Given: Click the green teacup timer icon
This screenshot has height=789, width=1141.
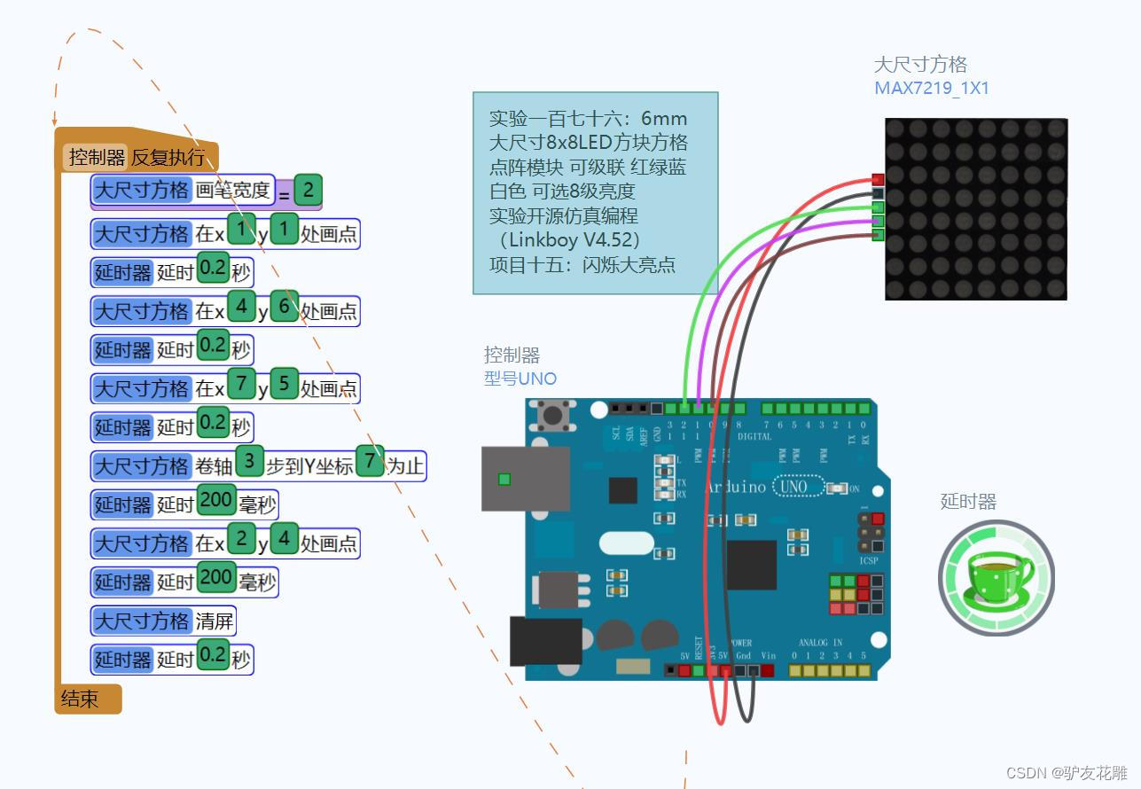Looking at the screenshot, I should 996,578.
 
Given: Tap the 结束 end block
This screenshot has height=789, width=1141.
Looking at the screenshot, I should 81,699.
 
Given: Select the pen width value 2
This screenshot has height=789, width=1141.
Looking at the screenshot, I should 308,190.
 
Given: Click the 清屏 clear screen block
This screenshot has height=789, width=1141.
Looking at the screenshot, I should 214,621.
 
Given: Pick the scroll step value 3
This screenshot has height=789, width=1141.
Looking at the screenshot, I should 250,461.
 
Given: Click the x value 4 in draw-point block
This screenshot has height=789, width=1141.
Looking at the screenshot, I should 240,307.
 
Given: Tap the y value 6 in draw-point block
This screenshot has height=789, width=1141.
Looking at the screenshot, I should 284,307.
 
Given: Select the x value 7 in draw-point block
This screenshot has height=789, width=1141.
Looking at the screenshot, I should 240,384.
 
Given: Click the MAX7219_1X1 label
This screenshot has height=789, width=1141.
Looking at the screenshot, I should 932,89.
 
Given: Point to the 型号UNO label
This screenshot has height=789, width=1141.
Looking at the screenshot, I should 520,379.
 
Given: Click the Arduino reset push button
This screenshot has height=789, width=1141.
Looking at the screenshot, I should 555,414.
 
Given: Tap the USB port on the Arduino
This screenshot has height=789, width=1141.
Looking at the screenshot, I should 525,479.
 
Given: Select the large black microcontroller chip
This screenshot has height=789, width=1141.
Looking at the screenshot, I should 751,565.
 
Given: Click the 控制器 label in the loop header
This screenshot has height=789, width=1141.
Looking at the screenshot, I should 97,158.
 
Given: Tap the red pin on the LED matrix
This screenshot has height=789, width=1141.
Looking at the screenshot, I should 878,180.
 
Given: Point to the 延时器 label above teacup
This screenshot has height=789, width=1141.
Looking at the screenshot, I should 968,502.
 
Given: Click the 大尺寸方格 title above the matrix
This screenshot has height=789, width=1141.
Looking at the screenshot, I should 920,65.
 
